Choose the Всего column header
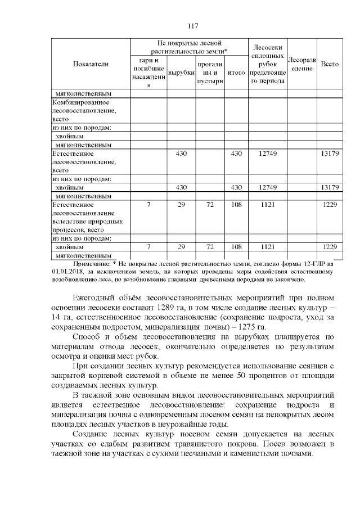[329, 65]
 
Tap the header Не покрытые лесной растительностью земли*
[190, 47]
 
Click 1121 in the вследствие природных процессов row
[268, 205]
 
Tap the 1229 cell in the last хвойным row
[329, 247]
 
